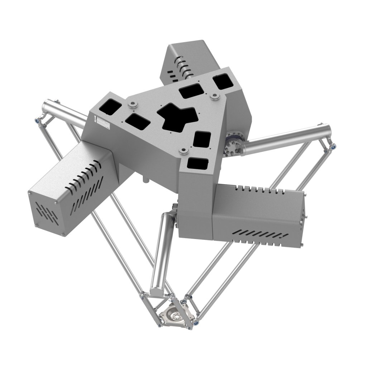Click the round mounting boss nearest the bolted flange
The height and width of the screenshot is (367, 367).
point(184,151)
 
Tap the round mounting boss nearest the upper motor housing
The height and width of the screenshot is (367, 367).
point(214,96)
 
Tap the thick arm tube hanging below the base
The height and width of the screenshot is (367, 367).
point(163,251)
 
